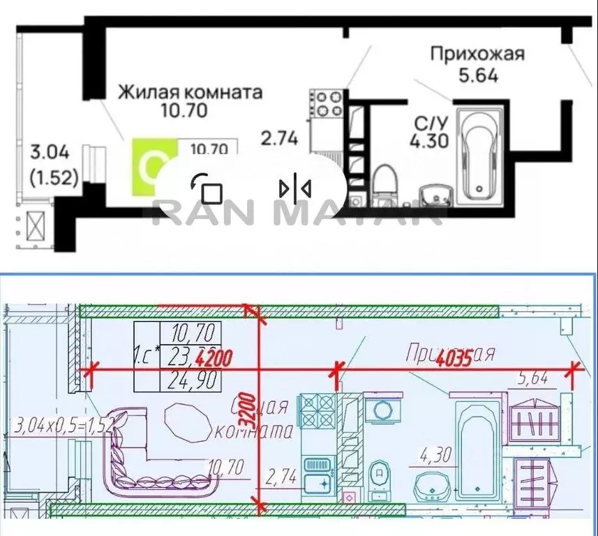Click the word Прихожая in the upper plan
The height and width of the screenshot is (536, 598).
[477, 54]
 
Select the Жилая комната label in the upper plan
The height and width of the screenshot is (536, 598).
[190, 91]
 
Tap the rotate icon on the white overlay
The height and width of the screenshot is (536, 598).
[206, 188]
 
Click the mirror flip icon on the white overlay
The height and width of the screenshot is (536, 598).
[295, 188]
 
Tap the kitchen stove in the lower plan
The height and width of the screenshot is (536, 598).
[318, 412]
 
